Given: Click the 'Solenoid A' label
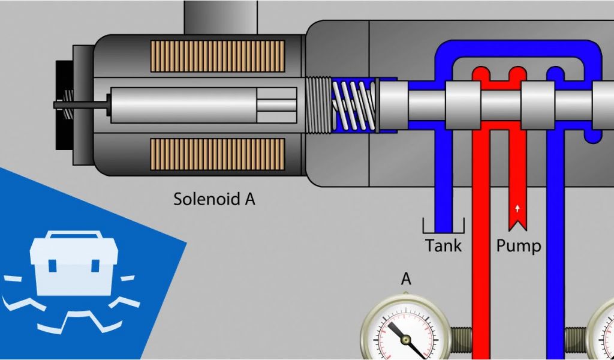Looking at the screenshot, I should tap(214, 199).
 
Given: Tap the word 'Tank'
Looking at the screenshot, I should tap(444, 245).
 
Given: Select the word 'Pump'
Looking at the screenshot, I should tap(519, 245).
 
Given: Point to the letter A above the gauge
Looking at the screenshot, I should tap(406, 279).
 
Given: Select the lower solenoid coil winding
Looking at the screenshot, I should tap(217, 154).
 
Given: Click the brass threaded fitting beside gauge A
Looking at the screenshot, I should tap(461, 340).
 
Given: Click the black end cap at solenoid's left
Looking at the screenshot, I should tap(62, 105).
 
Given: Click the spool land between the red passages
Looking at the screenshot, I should tap(501, 105).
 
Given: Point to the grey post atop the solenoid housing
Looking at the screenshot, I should tap(220, 17).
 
